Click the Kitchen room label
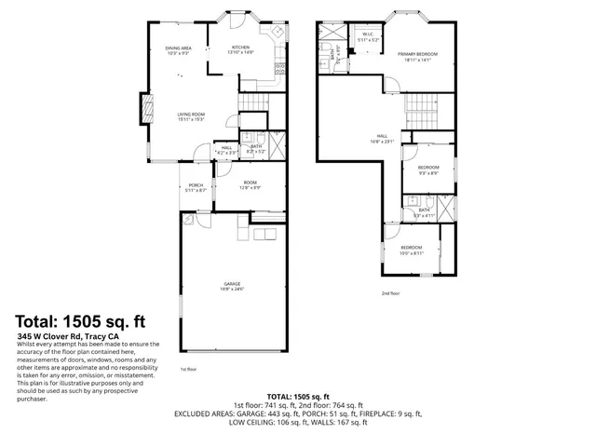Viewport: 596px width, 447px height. coord(240,47)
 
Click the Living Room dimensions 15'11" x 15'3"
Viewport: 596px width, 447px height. coord(191,118)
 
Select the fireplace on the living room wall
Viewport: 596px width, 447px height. coord(145,108)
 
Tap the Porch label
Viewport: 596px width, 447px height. coord(196,184)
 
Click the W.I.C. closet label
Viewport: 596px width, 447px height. coord(368,35)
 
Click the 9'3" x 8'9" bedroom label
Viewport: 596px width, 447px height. coord(428,169)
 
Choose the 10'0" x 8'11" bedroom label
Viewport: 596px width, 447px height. coord(411,249)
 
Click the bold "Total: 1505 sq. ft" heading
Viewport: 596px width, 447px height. coord(81,321)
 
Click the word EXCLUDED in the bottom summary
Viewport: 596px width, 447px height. coord(196,413)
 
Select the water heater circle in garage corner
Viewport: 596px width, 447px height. coord(190,220)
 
